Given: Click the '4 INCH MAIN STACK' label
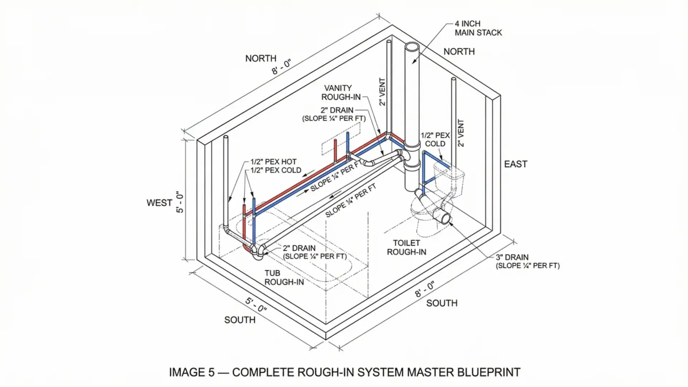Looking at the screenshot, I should (x=478, y=28).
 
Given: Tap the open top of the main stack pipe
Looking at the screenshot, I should (x=412, y=47).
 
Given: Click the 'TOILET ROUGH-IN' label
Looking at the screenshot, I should (x=406, y=248).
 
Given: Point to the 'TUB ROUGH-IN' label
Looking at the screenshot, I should (x=284, y=278).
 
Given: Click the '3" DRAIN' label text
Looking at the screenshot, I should (x=512, y=257).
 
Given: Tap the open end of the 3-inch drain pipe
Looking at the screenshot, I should (x=445, y=218).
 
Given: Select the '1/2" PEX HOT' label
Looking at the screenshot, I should (x=273, y=162).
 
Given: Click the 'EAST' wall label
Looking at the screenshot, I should (x=515, y=164).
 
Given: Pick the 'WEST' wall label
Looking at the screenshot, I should (x=159, y=203).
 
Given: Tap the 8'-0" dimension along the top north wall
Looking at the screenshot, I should (x=281, y=67).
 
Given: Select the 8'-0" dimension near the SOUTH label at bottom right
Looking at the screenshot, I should (x=425, y=289).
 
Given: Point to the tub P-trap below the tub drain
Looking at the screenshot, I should (x=258, y=254).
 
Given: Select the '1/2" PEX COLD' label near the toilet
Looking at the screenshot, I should (x=435, y=139).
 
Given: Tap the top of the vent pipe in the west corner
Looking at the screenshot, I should (x=226, y=138).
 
